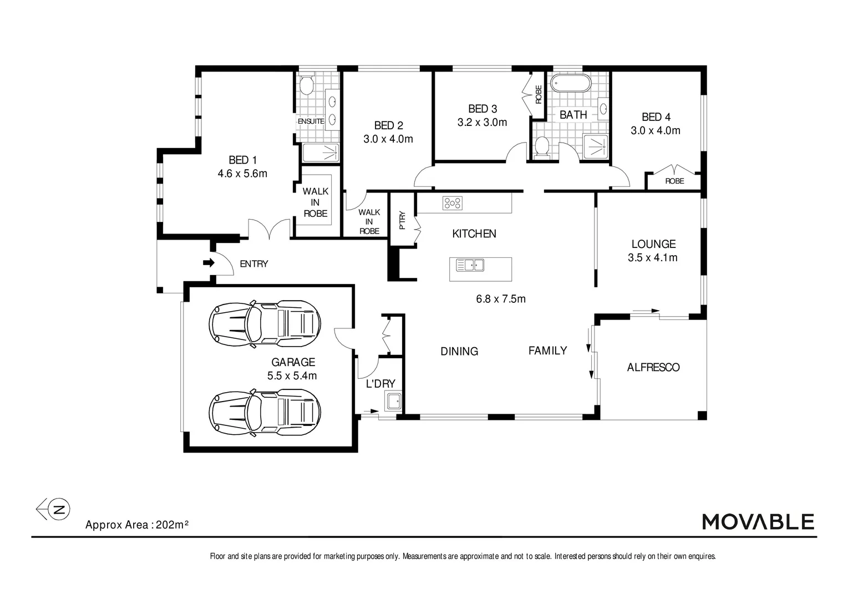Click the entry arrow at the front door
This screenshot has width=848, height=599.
tap(209, 263)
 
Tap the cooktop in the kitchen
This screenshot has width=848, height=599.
tap(452, 203)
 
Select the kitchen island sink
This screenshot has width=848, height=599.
tap(470, 265)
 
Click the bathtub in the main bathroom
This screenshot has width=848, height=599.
tap(570, 83)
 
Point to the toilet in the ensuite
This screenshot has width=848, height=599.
tap(306, 85)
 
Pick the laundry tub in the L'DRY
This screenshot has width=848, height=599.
tap(393, 401)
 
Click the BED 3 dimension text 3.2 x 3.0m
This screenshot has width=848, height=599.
tap(482, 123)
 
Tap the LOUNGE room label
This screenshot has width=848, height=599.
tap(653, 244)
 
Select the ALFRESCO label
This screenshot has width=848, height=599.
tap(653, 367)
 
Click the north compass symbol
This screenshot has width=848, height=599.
tap(54, 509)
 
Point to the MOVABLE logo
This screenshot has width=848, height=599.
tap(758, 521)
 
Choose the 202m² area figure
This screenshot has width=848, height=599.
tap(172, 525)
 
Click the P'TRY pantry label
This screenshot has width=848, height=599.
tap(402, 220)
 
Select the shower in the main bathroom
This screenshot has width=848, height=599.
tap(596, 147)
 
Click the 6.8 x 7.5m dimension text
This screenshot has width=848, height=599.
tap(500, 299)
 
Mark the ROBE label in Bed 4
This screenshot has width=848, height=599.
tap(674, 181)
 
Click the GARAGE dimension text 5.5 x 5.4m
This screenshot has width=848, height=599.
tap(292, 376)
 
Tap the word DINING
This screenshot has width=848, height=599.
tap(459, 352)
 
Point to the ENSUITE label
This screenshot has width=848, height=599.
tap(311, 121)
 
